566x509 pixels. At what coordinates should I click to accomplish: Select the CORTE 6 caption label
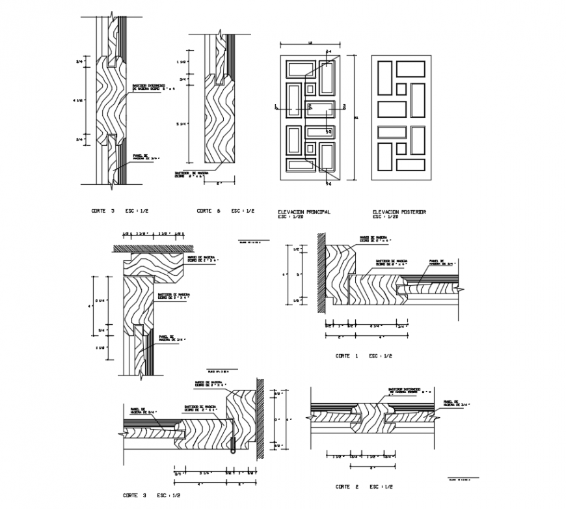click(x=209, y=212)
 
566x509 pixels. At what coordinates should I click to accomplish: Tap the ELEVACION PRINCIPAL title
click(x=304, y=212)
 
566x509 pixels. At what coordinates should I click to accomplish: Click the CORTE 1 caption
click(x=347, y=356)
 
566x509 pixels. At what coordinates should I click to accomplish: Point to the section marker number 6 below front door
click(x=329, y=184)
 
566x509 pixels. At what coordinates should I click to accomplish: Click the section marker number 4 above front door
click(x=329, y=50)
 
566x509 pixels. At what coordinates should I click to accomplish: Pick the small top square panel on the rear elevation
click(x=401, y=89)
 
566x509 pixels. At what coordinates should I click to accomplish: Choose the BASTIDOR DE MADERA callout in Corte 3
click(x=200, y=409)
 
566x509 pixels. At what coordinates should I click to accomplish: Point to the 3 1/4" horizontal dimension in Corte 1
click(x=375, y=325)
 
